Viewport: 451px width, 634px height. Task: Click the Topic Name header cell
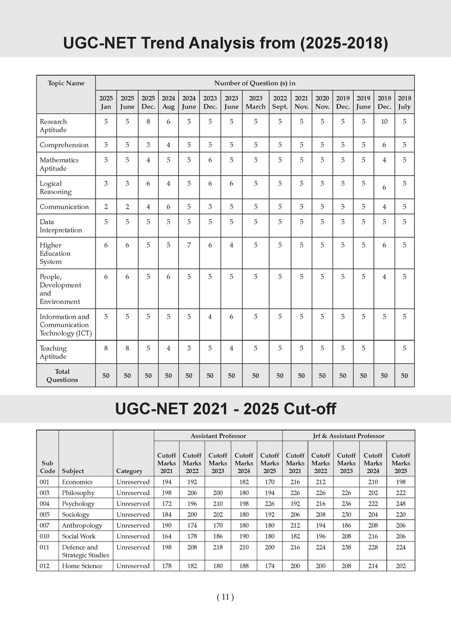coord(66,83)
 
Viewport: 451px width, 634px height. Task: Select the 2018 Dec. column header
coord(384,103)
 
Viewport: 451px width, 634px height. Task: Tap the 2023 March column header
coord(255,103)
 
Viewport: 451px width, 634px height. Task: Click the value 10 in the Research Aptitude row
coord(384,122)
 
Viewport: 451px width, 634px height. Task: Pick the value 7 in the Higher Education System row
coord(189,245)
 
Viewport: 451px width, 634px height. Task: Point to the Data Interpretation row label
coord(61,226)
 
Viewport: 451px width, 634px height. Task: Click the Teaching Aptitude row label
coord(53,352)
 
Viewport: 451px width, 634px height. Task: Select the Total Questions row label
coord(62,376)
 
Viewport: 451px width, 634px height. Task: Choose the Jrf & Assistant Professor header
coord(348,436)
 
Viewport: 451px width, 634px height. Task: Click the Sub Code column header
coord(48,467)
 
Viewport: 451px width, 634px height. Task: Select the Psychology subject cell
coord(78,504)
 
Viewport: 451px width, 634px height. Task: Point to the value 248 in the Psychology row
coord(400,504)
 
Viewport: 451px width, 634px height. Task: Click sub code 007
coord(44,525)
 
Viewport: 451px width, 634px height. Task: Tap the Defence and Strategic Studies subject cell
coord(85,551)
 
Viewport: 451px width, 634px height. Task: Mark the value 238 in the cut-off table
coord(346,547)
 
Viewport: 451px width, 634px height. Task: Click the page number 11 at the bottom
coord(225,597)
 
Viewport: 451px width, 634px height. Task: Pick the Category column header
coord(129,471)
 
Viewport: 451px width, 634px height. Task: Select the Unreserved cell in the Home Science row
coord(133,566)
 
